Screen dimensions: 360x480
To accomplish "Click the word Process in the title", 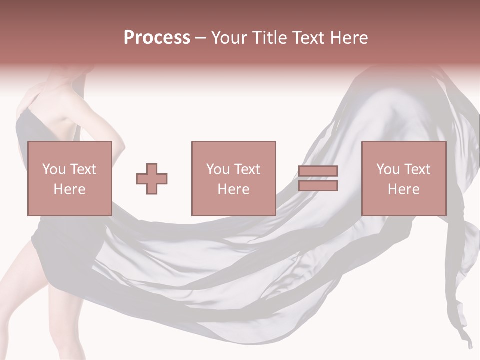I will coord(157,38).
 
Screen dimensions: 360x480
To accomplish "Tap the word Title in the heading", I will coord(270,38).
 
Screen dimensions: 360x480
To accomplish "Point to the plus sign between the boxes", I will coord(152,178).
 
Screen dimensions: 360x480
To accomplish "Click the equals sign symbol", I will coord(318,178).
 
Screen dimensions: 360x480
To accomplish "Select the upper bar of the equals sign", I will coord(318,171).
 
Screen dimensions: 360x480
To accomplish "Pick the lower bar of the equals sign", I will coord(318,186).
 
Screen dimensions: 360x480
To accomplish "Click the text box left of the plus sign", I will coord(69,178).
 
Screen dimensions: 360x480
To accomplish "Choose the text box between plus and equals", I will coord(233,178).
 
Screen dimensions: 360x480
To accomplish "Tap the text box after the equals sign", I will coord(403,178).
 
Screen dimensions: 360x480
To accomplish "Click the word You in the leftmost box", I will coord(54,169).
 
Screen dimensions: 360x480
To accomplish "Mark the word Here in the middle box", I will coord(233,189).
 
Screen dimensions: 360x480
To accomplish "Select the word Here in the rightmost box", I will coord(403,189).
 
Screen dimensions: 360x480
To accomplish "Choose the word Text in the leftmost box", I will coord(82,169).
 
